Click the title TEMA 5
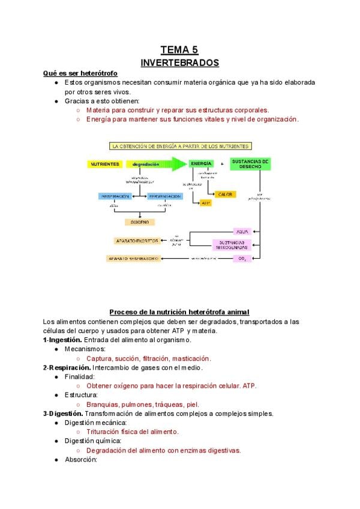179,50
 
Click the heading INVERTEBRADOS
179,62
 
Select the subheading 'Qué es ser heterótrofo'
84,73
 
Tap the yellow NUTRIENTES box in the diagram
104,164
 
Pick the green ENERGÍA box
201,163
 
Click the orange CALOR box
224,194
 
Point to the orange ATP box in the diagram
206,203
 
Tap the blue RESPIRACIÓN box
115,196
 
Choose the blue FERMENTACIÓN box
164,196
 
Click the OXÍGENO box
140,222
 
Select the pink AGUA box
242,231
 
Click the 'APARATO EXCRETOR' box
137,241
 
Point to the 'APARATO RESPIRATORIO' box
133,259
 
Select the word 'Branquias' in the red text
103,405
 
